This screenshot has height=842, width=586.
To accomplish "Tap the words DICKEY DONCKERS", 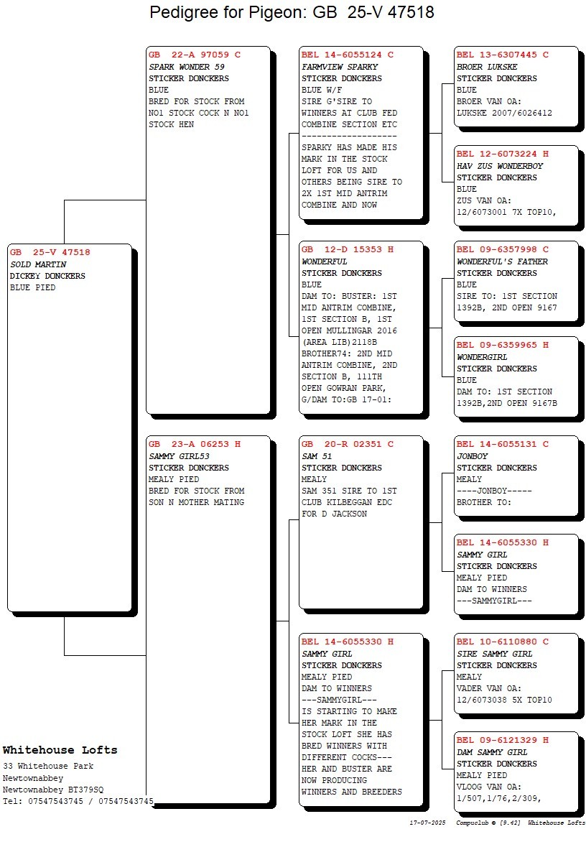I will tap(47, 276).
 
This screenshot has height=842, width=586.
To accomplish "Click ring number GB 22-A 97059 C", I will tap(195, 55).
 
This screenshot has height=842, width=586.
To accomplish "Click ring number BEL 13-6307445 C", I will tap(503, 55).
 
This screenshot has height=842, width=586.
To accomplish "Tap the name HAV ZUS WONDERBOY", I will tap(500, 166).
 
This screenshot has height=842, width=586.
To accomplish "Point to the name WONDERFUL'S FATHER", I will tap(502, 262).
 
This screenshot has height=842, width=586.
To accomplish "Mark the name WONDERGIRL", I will tap(482, 357).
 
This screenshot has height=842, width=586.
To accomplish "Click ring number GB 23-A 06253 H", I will tap(195, 444).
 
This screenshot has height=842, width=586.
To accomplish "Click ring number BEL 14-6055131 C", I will tap(503, 444).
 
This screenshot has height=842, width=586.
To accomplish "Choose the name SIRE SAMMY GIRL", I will tap(495, 654).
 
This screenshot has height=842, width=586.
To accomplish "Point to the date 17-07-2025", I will tap(427, 823).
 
